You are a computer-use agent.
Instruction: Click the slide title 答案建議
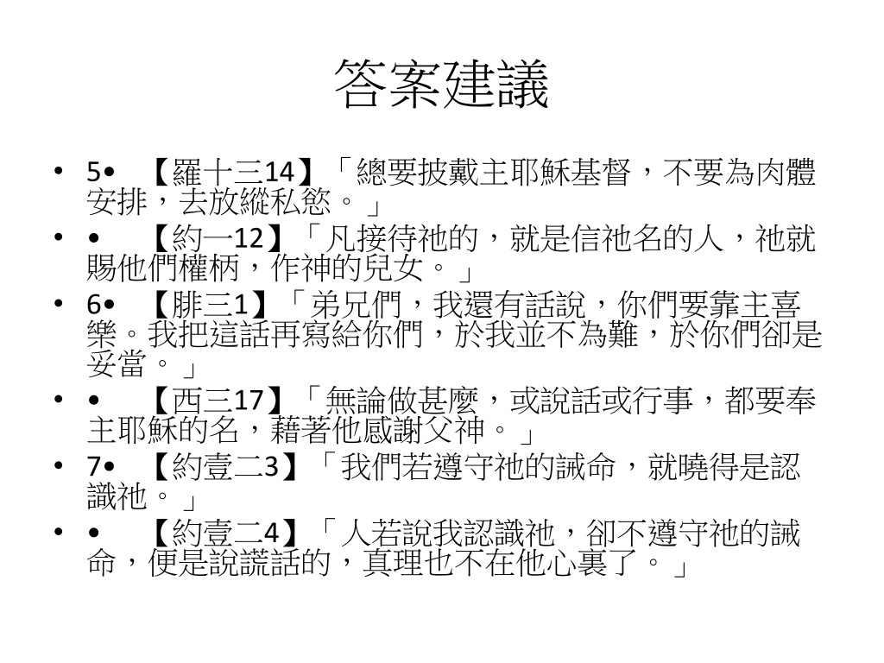coord(441,85)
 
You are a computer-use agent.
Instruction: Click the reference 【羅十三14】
coord(231,172)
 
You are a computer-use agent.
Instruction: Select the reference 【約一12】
coord(217,238)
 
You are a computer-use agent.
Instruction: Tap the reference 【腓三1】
coord(209,305)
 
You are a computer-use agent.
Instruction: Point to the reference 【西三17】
coord(217,401)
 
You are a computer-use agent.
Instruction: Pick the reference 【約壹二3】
coord(224,467)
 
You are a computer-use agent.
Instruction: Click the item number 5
coord(93,173)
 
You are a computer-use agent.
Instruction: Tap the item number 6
coord(93,306)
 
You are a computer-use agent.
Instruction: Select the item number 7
coord(93,467)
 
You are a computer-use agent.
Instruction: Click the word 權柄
coord(209,268)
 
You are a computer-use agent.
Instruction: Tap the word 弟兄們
coord(356,305)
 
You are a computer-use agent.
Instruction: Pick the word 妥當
coord(117,363)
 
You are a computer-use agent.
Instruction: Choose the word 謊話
coord(270,563)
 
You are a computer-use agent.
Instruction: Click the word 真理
coord(394,563)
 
